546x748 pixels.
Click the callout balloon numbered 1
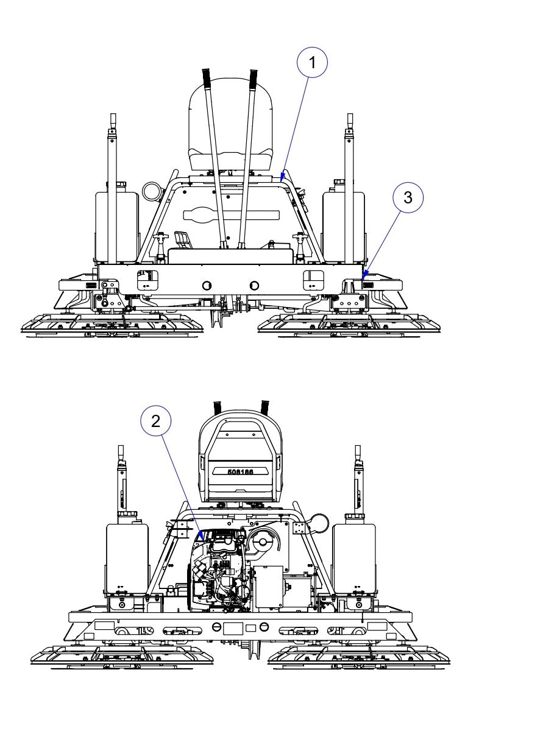(x=313, y=63)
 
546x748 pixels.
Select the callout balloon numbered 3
(x=408, y=197)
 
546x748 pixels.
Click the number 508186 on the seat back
(x=241, y=471)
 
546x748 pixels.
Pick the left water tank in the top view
(x=116, y=225)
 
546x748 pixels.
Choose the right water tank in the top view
(x=343, y=225)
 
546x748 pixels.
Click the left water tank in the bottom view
(x=127, y=557)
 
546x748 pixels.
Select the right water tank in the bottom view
(x=354, y=557)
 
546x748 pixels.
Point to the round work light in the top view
(x=152, y=191)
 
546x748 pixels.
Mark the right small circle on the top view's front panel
(x=254, y=285)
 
